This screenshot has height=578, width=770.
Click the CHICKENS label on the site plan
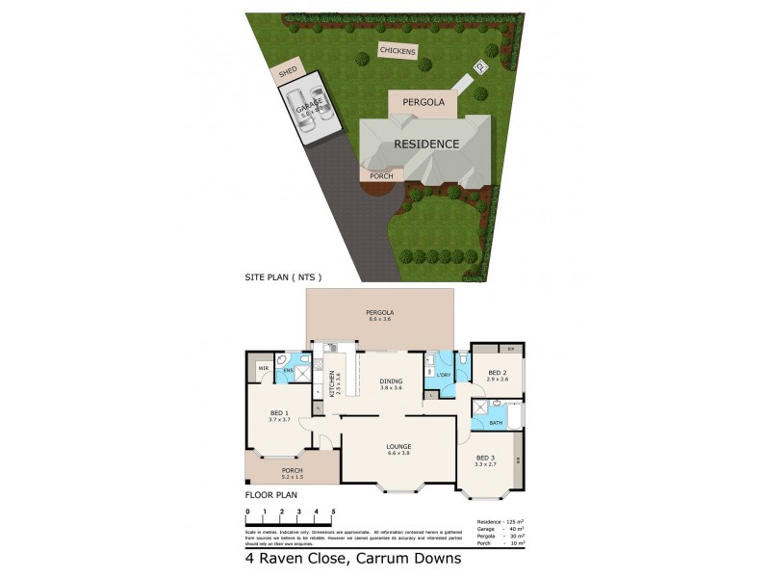pos(398,49)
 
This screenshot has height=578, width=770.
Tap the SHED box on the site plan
pos(288,72)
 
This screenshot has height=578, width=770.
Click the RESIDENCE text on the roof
pos(426,144)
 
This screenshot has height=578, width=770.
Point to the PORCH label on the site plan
pos(382,176)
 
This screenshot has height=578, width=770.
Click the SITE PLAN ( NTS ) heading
pos(282,277)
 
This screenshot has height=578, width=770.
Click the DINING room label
pos(391,381)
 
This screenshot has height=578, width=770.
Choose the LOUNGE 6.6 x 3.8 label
pos(398,449)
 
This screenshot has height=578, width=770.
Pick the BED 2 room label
pos(497,375)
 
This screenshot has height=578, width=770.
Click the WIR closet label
pos(262,367)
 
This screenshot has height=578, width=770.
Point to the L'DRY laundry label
pos(445,375)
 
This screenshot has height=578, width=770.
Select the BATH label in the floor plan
pos(496,422)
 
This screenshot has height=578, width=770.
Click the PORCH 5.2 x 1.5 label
pos(292,473)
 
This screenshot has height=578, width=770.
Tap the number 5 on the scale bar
pos(333,511)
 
